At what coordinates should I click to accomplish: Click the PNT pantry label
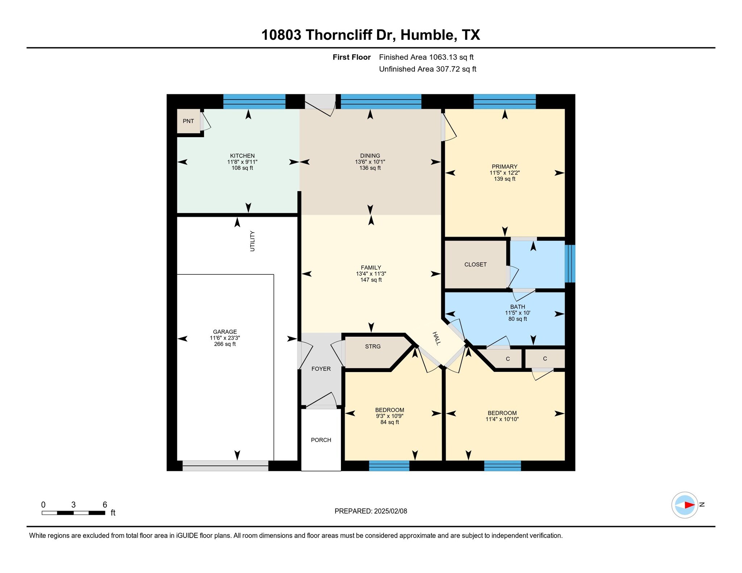[188, 121]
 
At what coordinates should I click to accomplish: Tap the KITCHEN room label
[242, 156]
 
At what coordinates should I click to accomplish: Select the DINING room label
[370, 156]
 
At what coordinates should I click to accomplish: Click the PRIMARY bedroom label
[505, 167]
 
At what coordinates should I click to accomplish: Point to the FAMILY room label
[371, 268]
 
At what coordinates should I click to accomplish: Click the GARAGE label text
[225, 332]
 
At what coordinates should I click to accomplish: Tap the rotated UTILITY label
[253, 241]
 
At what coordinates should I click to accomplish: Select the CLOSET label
[475, 265]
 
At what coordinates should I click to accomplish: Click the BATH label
[517, 307]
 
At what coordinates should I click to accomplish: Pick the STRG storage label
[373, 346]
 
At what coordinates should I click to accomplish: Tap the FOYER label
[321, 369]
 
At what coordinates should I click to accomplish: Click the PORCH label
[321, 440]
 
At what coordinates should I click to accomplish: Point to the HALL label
[437, 338]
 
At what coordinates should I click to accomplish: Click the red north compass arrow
[689, 505]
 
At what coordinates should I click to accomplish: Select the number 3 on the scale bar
[74, 505]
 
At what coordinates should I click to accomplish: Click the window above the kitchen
[254, 102]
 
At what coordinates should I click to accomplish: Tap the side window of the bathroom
[570, 264]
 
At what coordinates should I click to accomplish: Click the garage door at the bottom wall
[225, 466]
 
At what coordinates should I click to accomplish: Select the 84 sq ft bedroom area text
[389, 422]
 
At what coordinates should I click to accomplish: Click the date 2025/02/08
[391, 511]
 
